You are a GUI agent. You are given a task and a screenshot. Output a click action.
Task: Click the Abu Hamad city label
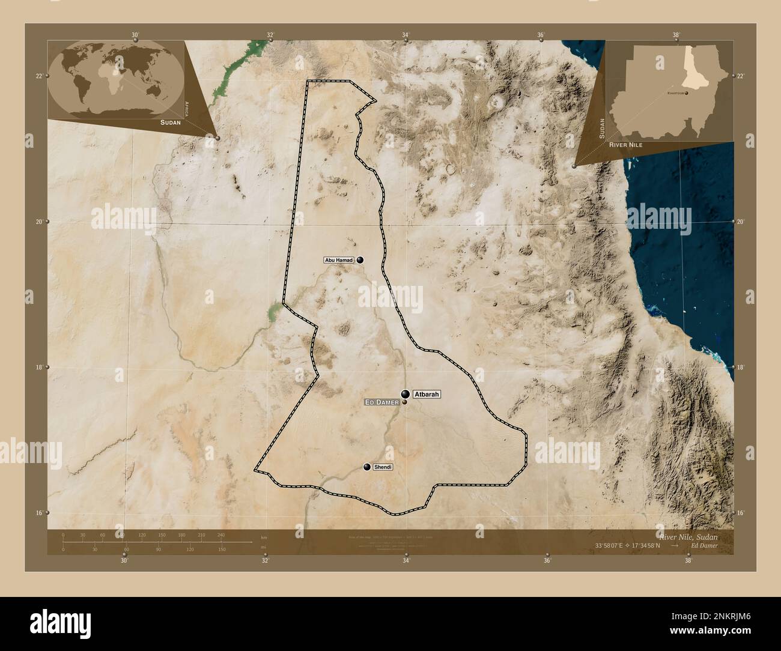click(338, 260)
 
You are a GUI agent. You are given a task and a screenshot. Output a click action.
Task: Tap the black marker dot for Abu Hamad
click(360, 260)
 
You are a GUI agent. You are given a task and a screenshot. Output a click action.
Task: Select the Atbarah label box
click(427, 395)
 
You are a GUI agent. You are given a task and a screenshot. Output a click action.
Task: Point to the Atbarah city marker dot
click(406, 394)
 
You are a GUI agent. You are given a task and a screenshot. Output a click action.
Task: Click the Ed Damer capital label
click(382, 402)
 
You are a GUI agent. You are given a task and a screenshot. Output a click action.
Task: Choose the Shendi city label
click(382, 467)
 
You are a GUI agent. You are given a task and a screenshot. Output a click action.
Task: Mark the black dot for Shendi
click(367, 467)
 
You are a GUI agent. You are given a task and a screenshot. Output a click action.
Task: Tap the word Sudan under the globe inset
click(170, 122)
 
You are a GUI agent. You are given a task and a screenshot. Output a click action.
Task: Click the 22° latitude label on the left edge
click(38, 76)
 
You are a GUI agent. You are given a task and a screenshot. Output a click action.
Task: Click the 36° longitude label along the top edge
click(541, 35)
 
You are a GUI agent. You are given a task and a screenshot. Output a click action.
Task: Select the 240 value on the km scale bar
click(220, 534)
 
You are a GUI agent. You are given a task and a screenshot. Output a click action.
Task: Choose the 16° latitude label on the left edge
click(38, 513)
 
